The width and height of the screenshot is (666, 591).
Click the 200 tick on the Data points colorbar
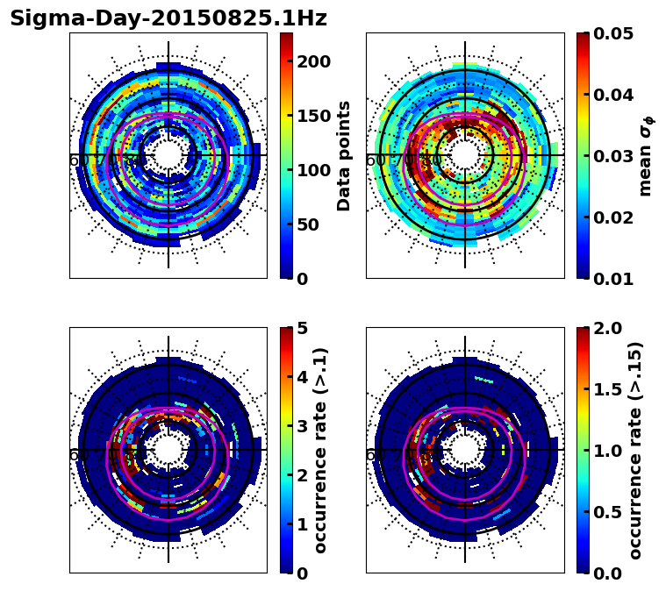pyautogui.click(x=313, y=61)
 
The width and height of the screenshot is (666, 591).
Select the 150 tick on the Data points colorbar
pyautogui.click(x=313, y=116)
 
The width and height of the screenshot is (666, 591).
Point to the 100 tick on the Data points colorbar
pyautogui.click(x=313, y=170)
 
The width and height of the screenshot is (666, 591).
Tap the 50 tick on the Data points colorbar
pyautogui.click(x=307, y=224)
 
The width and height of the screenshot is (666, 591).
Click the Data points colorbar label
pyautogui.click(x=344, y=155)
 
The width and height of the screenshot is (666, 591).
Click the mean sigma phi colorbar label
pyautogui.click(x=645, y=155)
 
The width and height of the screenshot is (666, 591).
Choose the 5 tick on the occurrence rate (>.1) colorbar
pyautogui.click(x=302, y=328)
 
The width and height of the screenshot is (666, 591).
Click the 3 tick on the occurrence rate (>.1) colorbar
pyautogui.click(x=302, y=426)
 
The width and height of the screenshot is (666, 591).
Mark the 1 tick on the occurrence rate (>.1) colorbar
pyautogui.click(x=302, y=524)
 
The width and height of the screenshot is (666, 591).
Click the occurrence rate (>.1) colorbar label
pyautogui.click(x=321, y=450)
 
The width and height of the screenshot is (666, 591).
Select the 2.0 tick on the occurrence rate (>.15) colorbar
pyautogui.click(x=604, y=328)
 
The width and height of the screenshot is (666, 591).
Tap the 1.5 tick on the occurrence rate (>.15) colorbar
pyautogui.click(x=604, y=389)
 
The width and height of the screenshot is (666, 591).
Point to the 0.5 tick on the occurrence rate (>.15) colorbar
pyautogui.click(x=604, y=512)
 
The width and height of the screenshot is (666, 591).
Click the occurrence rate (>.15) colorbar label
pyautogui.click(x=636, y=450)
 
